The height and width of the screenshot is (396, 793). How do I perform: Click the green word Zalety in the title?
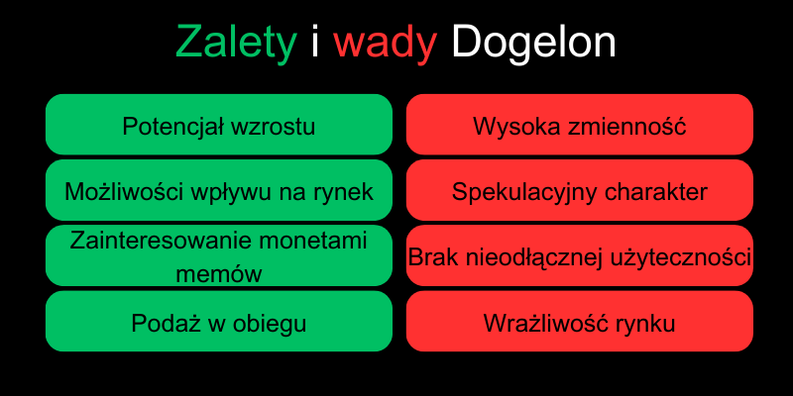pyautogui.click(x=236, y=43)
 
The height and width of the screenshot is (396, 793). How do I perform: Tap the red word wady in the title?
pyautogui.click(x=386, y=43)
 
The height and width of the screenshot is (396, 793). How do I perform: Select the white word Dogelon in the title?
pyautogui.click(x=532, y=43)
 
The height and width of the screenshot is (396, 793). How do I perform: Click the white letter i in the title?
pyautogui.click(x=315, y=43)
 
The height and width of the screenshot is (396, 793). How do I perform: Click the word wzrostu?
pyautogui.click(x=272, y=127)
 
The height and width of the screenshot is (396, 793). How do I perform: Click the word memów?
pyautogui.click(x=218, y=273)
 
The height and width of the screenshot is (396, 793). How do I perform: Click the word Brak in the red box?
pyautogui.click(x=433, y=257)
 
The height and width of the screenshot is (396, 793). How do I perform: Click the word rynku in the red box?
pyautogui.click(x=645, y=324)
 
